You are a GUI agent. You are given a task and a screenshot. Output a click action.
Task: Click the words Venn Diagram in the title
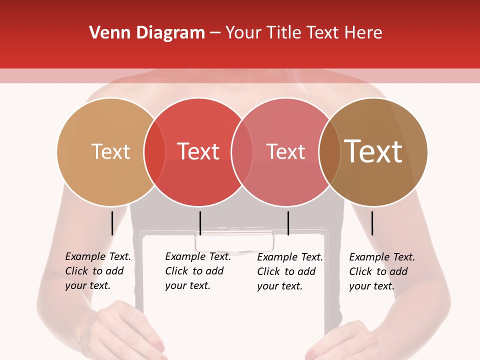pos(146,33)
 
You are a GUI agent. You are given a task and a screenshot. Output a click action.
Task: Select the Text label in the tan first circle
pos(110,151)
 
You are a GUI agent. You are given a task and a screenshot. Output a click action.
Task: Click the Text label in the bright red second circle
pos(198,151)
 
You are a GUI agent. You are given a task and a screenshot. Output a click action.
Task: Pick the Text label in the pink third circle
pos(285,151)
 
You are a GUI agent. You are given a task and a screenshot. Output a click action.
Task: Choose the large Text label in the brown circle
pos(373,151)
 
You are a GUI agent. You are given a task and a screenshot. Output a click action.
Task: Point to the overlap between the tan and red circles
pos(154,151)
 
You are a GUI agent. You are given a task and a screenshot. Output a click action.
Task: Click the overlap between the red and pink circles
pos(242,151)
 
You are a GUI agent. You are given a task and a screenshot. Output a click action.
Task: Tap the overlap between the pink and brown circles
pos(329,151)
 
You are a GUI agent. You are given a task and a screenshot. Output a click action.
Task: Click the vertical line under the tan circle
pos(112,223)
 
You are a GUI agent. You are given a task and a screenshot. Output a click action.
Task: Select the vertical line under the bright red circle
pos(200,223)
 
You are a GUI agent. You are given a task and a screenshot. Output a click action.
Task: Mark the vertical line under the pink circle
pos(288,223)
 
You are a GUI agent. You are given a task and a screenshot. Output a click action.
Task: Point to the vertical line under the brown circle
pos(372,223)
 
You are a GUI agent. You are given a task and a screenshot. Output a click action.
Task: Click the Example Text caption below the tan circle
pos(97,271)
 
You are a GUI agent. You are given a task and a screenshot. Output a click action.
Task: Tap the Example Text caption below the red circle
pos(197,271)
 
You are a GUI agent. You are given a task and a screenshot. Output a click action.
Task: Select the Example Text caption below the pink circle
pos(289,271)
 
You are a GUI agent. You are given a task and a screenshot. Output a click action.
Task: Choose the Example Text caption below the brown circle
pos(381,271)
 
